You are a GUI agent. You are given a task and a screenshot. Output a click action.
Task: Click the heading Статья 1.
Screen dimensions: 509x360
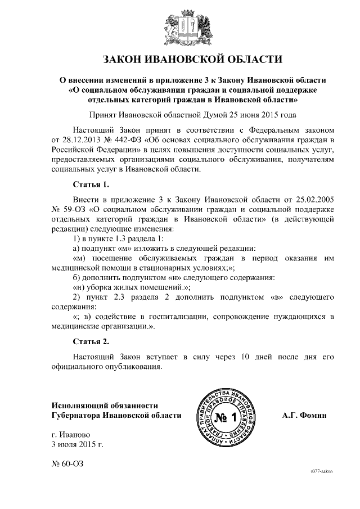[x=91, y=184]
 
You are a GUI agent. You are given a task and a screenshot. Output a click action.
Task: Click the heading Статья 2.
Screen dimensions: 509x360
[x=91, y=341]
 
